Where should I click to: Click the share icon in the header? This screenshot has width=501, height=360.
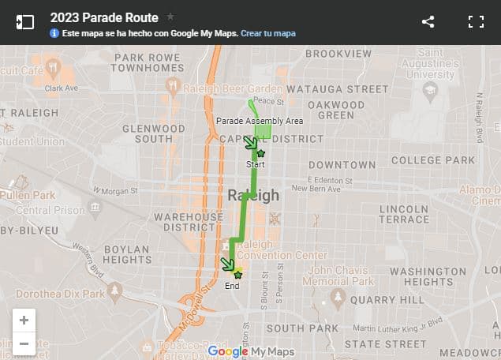tap(428, 21)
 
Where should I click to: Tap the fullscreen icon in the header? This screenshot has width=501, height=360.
tap(476, 21)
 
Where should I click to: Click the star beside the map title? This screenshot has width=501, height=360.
tap(170, 17)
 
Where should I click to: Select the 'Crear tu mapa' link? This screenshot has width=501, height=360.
tap(268, 33)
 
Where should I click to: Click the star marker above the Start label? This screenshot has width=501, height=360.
tap(260, 153)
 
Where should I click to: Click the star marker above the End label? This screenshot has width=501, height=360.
tap(237, 274)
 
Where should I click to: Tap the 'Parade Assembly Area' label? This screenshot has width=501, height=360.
tap(260, 121)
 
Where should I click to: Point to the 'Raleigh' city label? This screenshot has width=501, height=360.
tap(253, 195)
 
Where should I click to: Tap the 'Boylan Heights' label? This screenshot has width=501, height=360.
tap(127, 253)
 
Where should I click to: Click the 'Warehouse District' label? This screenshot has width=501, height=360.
tap(189, 221)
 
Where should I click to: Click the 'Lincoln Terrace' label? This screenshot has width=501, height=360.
tap(403, 213)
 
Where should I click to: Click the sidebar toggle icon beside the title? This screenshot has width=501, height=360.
tap(25, 22)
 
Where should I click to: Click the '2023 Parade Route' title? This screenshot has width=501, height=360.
tap(103, 17)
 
